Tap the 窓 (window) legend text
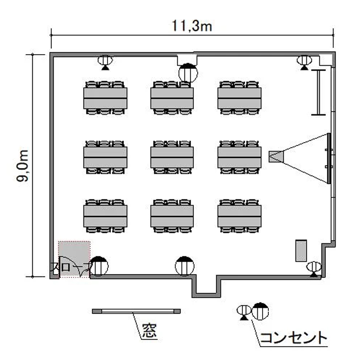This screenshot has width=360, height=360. point(149,331)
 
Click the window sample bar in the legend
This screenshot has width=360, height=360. point(136,312)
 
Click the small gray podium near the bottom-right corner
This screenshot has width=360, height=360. point(301,250)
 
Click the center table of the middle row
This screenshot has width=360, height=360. point(172,157)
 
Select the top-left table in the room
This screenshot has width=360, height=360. point(105,98)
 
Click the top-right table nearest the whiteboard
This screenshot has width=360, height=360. point(239,98)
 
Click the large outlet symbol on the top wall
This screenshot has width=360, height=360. point(188,73)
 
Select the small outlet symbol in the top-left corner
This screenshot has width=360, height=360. point(105,61)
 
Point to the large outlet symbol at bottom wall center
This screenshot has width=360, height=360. point(184,266)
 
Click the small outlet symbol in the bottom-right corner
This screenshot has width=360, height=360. point(313,268)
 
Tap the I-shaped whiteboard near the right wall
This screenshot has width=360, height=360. point(318,92)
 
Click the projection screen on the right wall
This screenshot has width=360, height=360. point(329,158)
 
